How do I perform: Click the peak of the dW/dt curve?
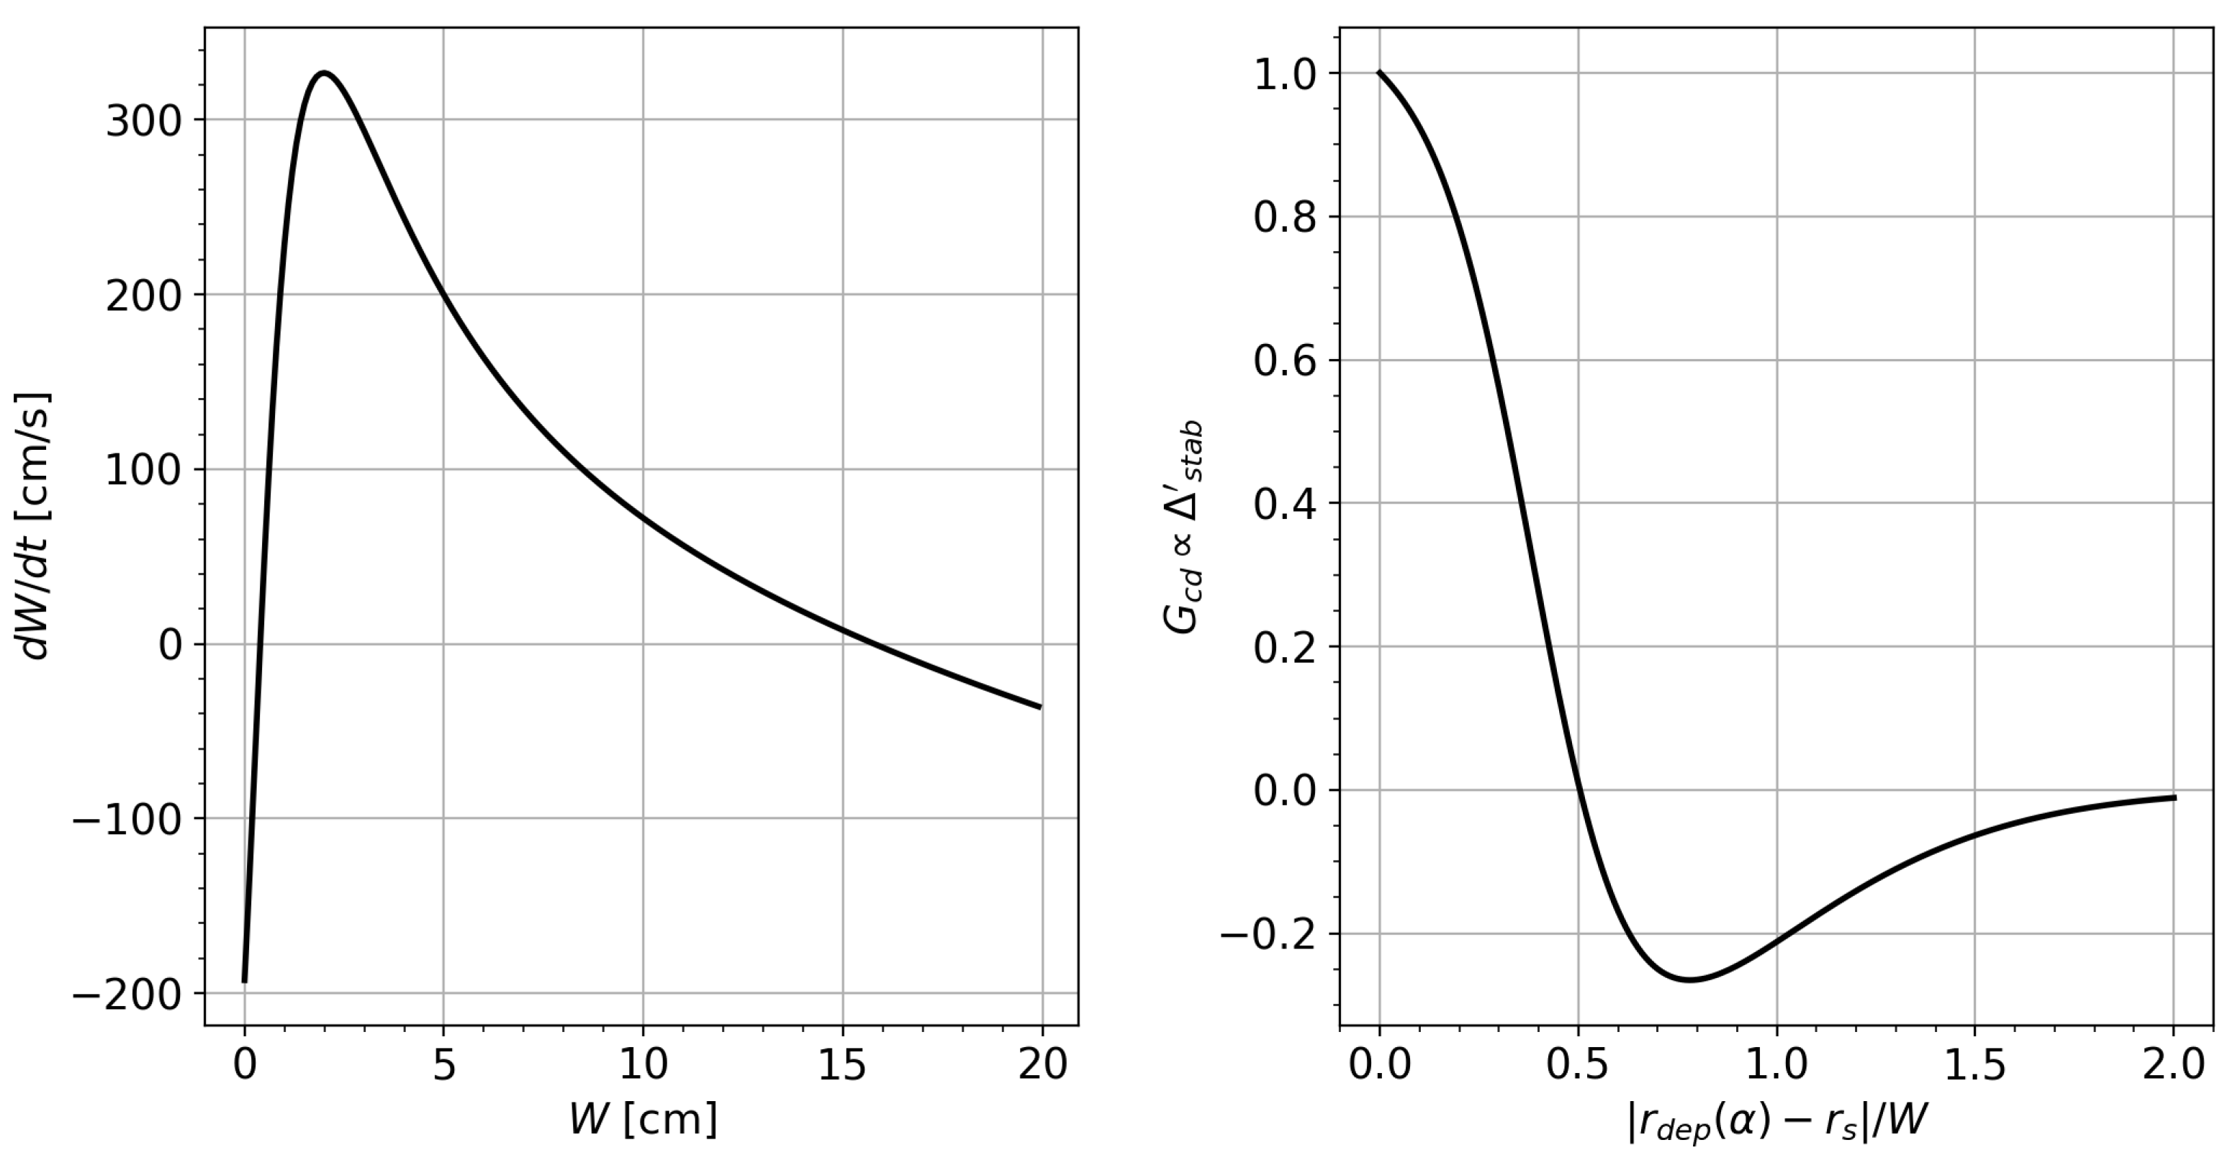tap(324, 73)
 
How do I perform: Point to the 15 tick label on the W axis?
tap(842, 1065)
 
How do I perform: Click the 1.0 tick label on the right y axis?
tap(1284, 75)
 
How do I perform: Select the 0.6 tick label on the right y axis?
tap(1284, 361)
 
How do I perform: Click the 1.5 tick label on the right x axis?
tap(1974, 1065)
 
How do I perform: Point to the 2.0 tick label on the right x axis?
tap(2172, 1065)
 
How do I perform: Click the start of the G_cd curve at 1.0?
tap(1380, 73)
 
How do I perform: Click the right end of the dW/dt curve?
tap(1040, 707)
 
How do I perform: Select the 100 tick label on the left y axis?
tap(143, 470)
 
